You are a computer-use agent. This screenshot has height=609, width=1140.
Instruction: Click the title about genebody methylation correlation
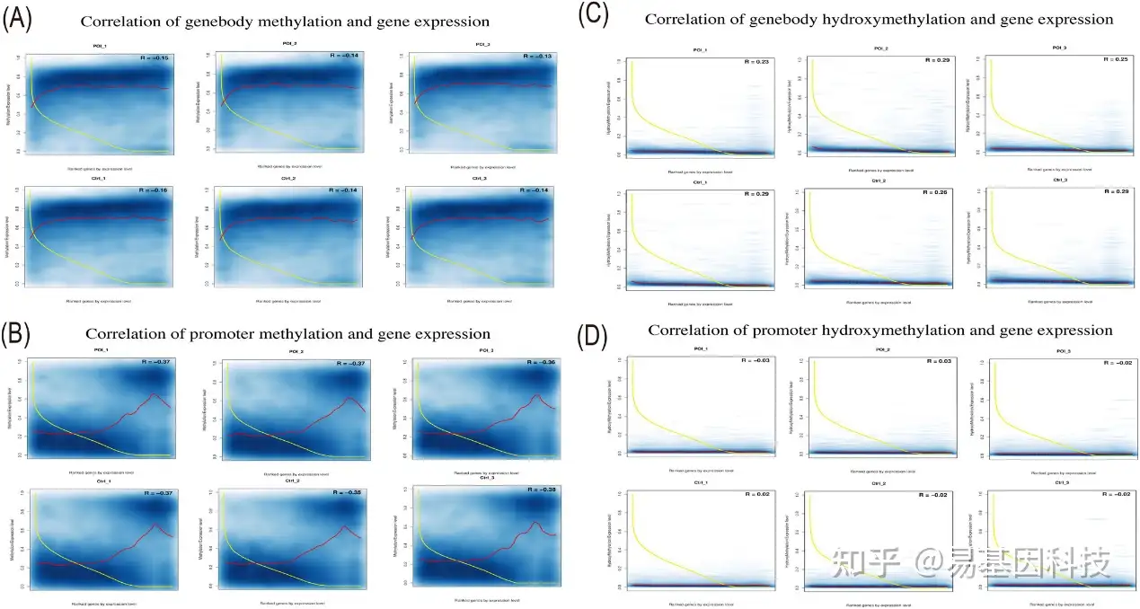coord(285,21)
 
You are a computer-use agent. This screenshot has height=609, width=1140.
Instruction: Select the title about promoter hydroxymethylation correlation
coord(879,331)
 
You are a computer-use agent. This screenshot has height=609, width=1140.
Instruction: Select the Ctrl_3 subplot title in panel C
coord(1061,181)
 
